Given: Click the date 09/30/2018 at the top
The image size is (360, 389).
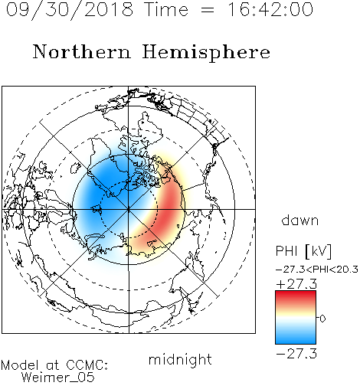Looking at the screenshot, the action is pyautogui.click(x=70, y=10).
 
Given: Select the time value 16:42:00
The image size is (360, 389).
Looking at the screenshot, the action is pyautogui.click(x=270, y=9).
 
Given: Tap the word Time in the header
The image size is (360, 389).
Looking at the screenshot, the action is pyautogui.click(x=166, y=9).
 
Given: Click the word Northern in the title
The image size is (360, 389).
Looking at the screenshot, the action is pyautogui.click(x=82, y=51).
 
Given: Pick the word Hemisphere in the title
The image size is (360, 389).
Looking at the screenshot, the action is pyautogui.click(x=206, y=53).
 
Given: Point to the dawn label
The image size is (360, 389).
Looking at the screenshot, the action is pyautogui.click(x=300, y=220).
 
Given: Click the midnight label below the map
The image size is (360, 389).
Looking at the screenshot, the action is pyautogui.click(x=180, y=359).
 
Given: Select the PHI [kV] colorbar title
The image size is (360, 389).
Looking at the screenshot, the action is pyautogui.click(x=303, y=251).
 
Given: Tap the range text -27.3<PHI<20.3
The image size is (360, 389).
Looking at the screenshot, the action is pyautogui.click(x=317, y=270).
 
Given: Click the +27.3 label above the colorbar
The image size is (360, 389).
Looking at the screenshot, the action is pyautogui.click(x=296, y=284).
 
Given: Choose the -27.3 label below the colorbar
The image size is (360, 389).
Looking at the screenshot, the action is pyautogui.click(x=296, y=354).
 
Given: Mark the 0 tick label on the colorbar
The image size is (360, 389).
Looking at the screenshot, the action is pyautogui.click(x=322, y=319).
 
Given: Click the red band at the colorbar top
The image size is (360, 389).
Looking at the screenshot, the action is pyautogui.click(x=296, y=296).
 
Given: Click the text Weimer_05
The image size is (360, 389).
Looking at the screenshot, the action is pyautogui.click(x=58, y=378).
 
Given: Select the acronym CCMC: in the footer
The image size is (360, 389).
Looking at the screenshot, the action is pyautogui.click(x=87, y=365).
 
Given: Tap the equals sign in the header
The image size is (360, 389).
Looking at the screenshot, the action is pyautogui.click(x=208, y=10).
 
